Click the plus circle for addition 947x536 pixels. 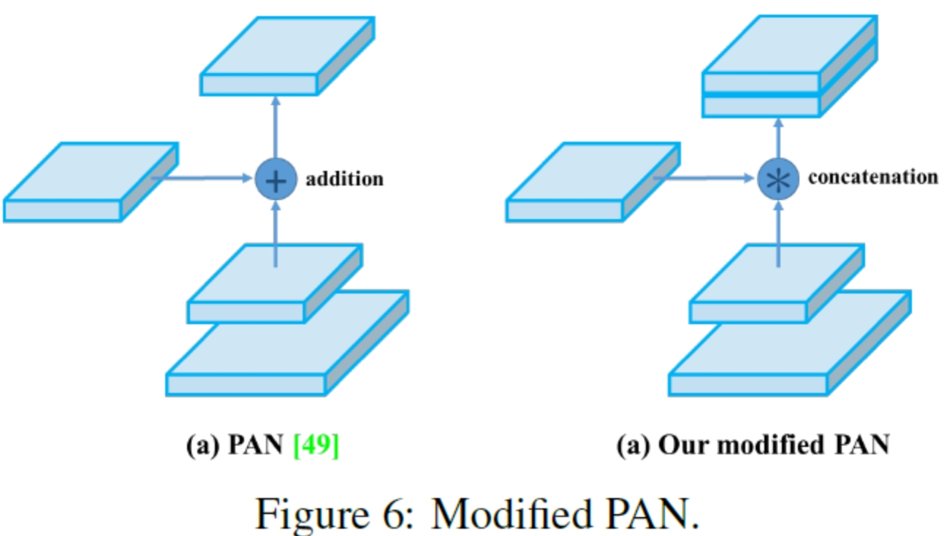tap(275, 179)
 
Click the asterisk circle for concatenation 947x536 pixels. tap(778, 179)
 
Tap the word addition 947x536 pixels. tap(344, 179)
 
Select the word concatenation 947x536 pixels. tap(873, 177)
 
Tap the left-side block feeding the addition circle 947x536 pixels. tap(89, 183)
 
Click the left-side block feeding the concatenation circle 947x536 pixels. tap(592, 183)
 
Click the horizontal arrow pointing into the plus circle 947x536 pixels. tap(205, 177)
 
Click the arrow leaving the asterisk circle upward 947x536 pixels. tap(778, 139)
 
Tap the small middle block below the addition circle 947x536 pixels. tap(274, 285)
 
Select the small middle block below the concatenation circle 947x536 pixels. tap(776, 285)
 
